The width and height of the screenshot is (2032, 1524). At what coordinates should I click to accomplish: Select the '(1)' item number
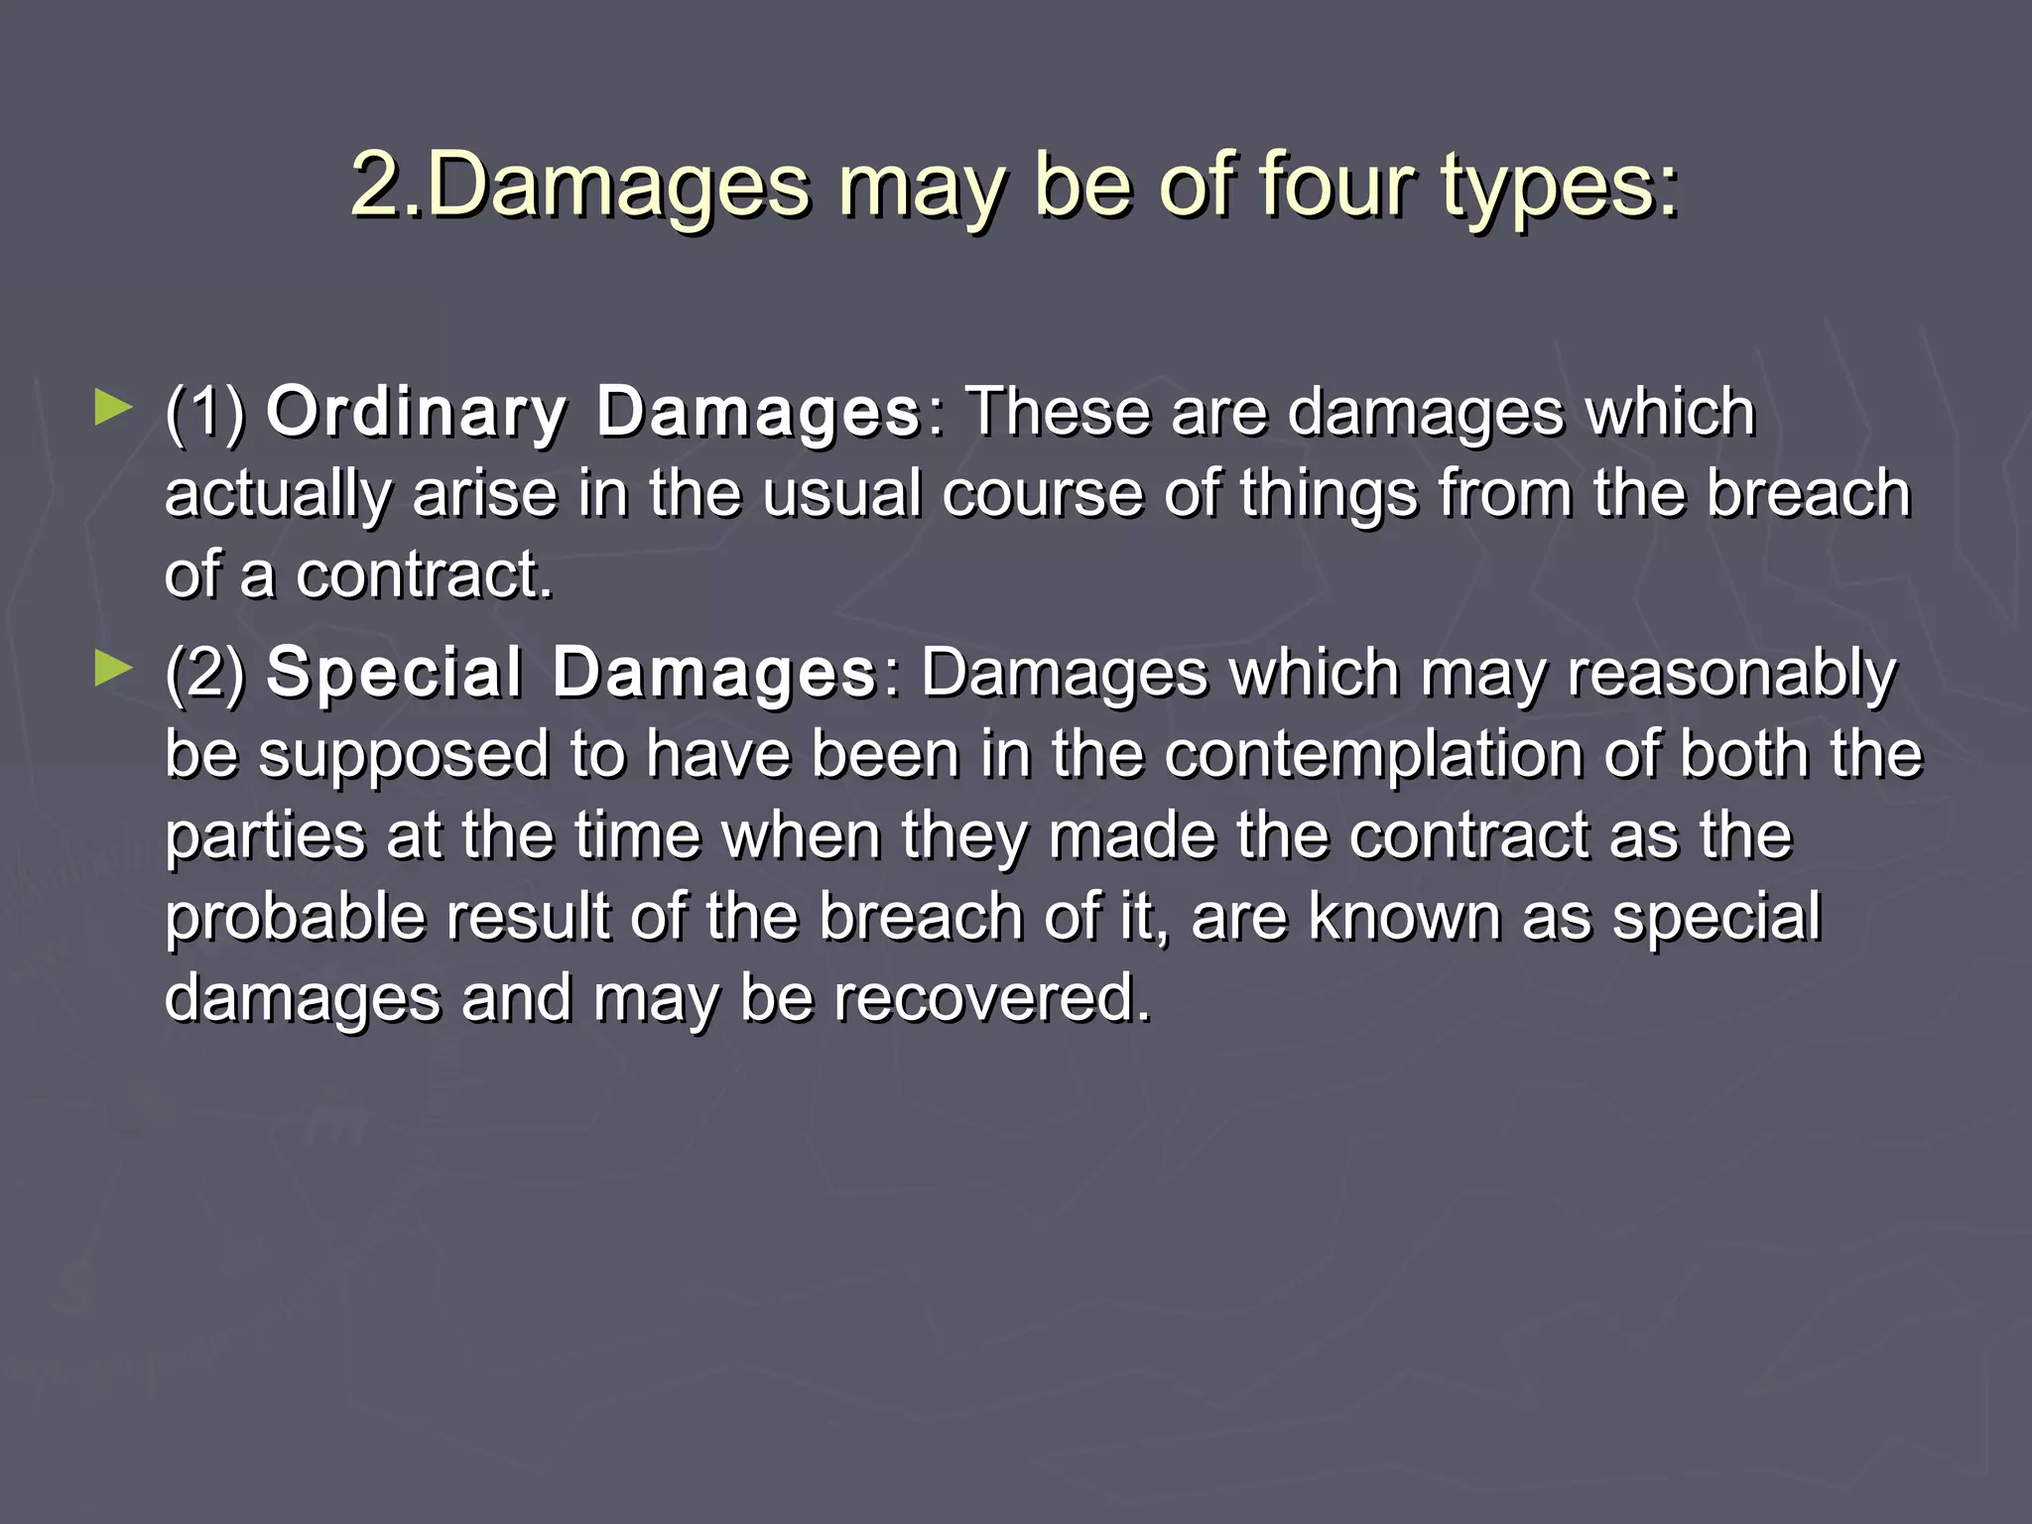coord(205,412)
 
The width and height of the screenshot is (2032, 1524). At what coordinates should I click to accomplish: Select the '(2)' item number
coord(205,673)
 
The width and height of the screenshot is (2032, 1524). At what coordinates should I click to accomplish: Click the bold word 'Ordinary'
coord(417,412)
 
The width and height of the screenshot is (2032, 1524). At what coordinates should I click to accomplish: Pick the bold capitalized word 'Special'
coord(394,673)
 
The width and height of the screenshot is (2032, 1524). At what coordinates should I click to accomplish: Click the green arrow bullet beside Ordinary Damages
coord(113,408)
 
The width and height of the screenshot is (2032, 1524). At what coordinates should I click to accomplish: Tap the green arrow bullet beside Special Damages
coord(113,669)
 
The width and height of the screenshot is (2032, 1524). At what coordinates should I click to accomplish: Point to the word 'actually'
coord(277,495)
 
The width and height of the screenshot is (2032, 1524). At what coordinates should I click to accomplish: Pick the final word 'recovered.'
coord(991,999)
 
